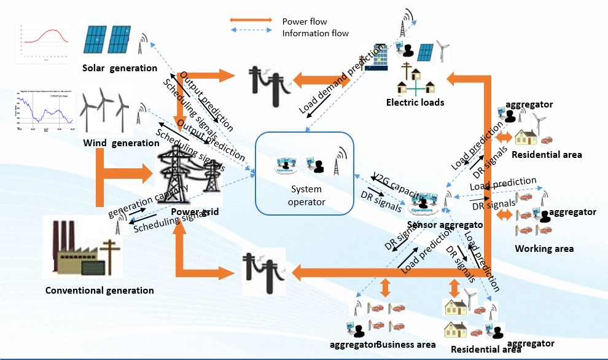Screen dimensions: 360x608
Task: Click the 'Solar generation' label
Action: [x=120, y=68]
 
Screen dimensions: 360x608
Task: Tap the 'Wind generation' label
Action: [x=121, y=143]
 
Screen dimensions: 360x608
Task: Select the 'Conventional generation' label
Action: [x=99, y=290]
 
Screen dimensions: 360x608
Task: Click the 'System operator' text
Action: [x=306, y=195]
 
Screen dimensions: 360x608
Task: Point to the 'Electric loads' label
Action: [x=415, y=103]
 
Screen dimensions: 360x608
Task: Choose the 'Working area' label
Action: [x=544, y=249]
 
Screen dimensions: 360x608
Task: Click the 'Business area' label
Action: [x=407, y=345]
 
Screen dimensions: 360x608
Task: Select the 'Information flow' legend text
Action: [x=315, y=33]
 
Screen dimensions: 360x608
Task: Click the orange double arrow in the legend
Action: [x=250, y=21]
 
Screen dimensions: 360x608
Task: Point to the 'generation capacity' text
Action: [x=148, y=199]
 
